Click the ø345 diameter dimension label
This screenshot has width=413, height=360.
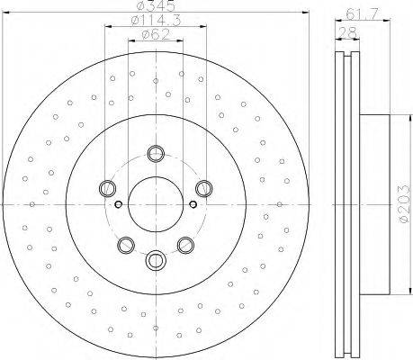click(156, 5)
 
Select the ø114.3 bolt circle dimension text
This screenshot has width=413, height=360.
click(156, 21)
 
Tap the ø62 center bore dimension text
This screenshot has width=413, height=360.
click(156, 34)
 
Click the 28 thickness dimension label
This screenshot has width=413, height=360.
click(347, 32)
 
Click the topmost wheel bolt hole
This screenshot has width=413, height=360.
click(156, 154)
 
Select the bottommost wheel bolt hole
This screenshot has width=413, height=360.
click(156, 260)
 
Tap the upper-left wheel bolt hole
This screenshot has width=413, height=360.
click(107, 188)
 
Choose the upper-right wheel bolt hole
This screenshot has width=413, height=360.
click(204, 188)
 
